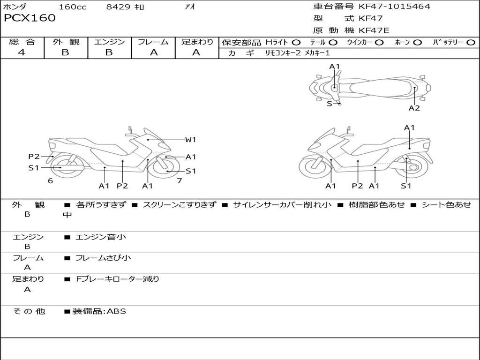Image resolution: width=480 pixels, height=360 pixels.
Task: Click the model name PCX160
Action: (x=30, y=18)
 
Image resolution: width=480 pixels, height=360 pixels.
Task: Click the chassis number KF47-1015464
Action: (x=394, y=7)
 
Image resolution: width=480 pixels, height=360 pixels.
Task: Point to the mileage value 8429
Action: (x=119, y=7)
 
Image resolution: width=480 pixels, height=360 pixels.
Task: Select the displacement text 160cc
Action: (x=73, y=7)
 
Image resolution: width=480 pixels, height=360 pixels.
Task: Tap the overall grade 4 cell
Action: (x=22, y=52)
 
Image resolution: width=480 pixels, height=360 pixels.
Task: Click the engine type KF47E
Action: (x=374, y=31)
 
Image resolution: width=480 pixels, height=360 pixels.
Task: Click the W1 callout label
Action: (x=190, y=139)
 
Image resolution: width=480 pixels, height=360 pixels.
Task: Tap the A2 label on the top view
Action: (x=414, y=108)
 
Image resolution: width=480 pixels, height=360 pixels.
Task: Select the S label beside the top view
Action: (x=329, y=104)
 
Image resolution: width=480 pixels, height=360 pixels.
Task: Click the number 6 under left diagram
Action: (x=50, y=181)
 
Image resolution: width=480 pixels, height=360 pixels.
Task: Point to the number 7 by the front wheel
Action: (x=179, y=181)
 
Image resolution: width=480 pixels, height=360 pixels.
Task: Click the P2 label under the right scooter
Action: (x=357, y=186)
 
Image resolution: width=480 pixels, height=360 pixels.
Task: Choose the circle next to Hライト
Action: (x=296, y=42)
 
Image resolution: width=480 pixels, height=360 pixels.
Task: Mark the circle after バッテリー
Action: (x=471, y=42)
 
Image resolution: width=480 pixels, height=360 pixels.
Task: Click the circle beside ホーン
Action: (x=418, y=42)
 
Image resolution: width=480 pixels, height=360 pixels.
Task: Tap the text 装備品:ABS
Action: (x=99, y=311)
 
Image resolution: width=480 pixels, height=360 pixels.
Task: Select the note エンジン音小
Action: (x=101, y=237)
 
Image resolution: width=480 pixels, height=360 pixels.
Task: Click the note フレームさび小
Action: (x=103, y=258)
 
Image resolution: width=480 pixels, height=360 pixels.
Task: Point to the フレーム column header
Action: (x=153, y=42)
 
